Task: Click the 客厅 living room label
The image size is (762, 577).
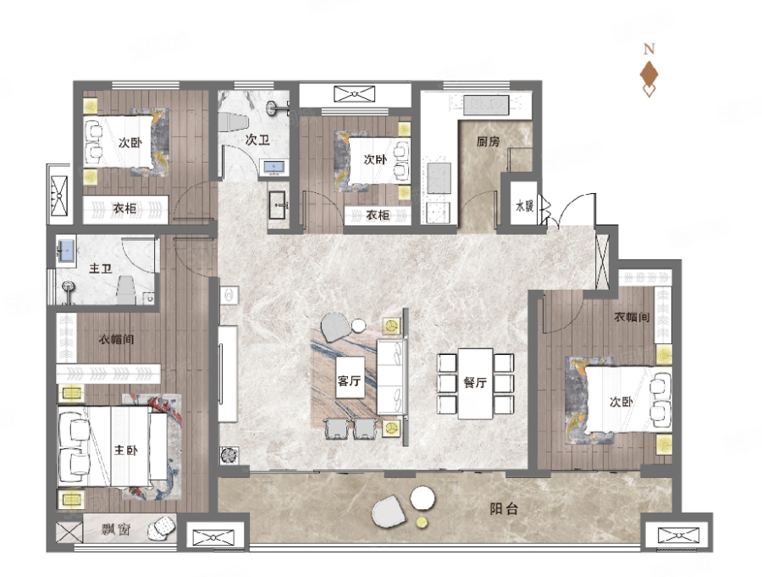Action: [349, 380]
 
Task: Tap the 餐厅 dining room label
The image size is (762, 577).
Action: [475, 382]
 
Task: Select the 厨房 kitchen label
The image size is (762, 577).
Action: [488, 141]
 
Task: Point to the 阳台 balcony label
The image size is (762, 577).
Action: [504, 509]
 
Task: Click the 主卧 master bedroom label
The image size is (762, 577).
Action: [126, 450]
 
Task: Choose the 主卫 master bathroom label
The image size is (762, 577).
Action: [101, 268]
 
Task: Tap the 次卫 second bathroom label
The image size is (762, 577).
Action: [257, 140]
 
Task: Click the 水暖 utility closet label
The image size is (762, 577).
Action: [525, 206]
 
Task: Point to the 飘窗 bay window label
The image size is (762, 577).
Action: [116, 529]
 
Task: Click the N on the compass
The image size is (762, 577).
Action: [649, 48]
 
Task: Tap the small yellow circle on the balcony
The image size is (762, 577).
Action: [422, 523]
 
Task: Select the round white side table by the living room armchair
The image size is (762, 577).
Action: [359, 325]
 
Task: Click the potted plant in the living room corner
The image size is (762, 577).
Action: [229, 455]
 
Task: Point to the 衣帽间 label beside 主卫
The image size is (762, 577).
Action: [117, 339]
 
